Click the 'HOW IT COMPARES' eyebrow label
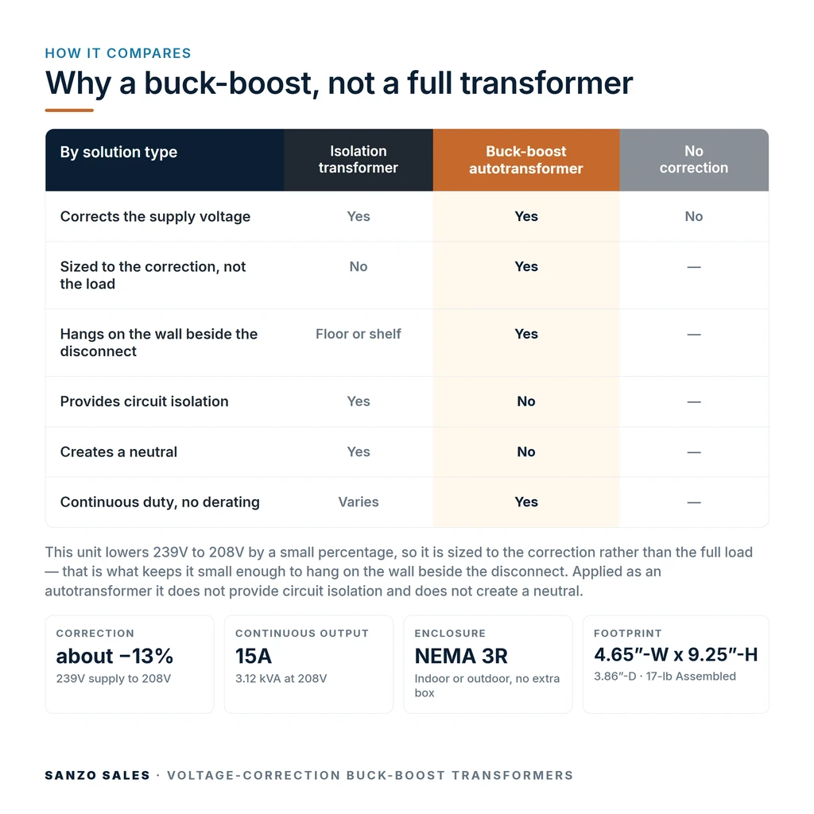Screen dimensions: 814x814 (x=118, y=53)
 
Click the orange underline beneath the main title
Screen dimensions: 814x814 (x=69, y=110)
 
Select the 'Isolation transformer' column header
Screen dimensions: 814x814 (x=359, y=159)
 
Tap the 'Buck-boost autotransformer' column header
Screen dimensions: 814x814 (x=526, y=160)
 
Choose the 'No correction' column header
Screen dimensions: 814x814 (x=693, y=159)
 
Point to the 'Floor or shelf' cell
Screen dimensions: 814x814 (x=359, y=334)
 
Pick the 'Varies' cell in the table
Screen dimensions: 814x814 (x=359, y=502)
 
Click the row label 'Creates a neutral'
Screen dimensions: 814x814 (x=119, y=452)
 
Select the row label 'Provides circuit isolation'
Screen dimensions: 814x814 (x=145, y=401)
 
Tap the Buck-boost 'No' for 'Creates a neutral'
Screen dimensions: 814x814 (x=526, y=452)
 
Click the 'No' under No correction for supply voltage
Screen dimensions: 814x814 (x=693, y=216)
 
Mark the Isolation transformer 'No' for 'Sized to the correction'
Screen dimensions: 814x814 (x=359, y=267)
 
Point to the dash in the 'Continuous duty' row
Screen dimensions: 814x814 (x=693, y=502)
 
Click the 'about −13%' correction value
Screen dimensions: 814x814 (x=114, y=656)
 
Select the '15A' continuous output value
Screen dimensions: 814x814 (x=254, y=656)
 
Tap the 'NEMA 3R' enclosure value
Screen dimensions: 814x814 (x=461, y=656)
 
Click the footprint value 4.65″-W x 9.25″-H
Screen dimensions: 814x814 (x=676, y=655)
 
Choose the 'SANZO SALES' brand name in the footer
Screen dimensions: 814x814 (x=98, y=776)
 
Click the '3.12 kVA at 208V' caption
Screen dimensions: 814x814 (x=281, y=679)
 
